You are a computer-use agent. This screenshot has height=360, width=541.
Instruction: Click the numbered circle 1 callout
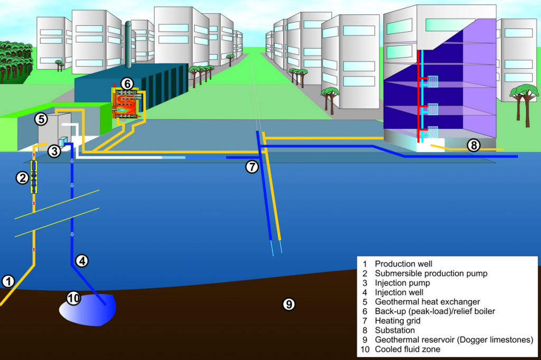pyautogui.click(x=8, y=281)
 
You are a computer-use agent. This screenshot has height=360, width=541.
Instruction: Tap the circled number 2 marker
pyautogui.click(x=22, y=178)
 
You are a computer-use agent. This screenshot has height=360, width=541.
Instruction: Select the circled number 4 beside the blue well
pyautogui.click(x=82, y=260)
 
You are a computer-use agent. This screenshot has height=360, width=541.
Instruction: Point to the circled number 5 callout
pyautogui.click(x=42, y=119)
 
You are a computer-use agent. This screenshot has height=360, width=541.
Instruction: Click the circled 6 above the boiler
pyautogui.click(x=127, y=84)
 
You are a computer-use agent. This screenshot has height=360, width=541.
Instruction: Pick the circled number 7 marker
pyautogui.click(x=252, y=167)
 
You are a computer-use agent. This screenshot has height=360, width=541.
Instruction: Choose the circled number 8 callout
pyautogui.click(x=473, y=144)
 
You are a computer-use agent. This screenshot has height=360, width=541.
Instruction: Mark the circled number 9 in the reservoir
pyautogui.click(x=288, y=304)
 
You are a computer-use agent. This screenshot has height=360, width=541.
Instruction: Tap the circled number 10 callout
pyautogui.click(x=74, y=298)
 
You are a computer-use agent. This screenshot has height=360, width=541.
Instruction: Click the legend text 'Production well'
pyautogui.click(x=403, y=263)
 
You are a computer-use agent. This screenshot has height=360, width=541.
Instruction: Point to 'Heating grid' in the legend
pyautogui.click(x=397, y=320)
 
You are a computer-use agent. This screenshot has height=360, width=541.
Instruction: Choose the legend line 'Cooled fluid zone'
pyautogui.click(x=407, y=349)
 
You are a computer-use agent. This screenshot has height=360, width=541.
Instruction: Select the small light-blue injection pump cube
pyautogui.click(x=63, y=141)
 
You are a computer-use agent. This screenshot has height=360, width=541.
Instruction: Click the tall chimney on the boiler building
pyautogui.click(x=128, y=45)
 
